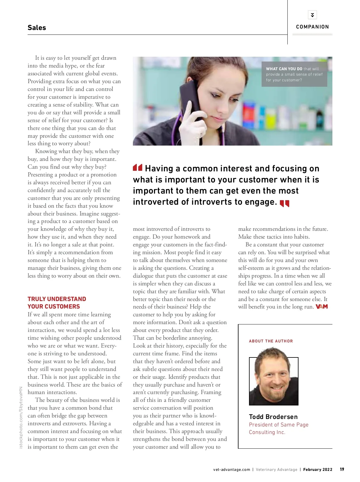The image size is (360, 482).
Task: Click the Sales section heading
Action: (37, 28)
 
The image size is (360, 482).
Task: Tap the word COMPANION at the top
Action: (312, 27)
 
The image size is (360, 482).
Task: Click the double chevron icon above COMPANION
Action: (312, 15)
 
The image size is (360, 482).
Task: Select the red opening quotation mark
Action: (137, 167)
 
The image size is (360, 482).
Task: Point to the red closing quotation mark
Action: (284, 204)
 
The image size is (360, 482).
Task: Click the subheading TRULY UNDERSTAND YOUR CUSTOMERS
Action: (57, 303)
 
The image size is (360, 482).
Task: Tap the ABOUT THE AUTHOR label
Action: (271, 341)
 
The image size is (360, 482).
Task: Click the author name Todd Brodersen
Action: (273, 417)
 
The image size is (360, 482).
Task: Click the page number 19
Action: (342, 469)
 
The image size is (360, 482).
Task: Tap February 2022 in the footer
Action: (318, 469)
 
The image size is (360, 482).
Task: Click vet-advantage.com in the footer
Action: (231, 469)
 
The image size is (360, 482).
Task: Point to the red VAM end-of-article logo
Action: (322, 307)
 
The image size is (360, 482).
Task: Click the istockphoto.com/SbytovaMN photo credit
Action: (21, 417)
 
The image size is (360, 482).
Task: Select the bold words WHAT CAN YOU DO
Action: (284, 69)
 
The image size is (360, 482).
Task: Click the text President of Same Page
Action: (278, 424)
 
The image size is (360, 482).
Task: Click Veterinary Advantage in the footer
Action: (276, 469)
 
